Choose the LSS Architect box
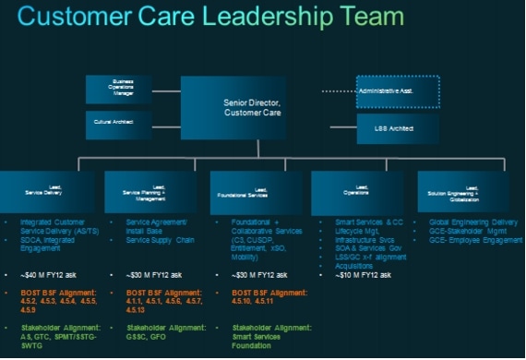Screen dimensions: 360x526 [399, 126]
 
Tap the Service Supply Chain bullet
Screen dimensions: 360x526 [161, 240]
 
